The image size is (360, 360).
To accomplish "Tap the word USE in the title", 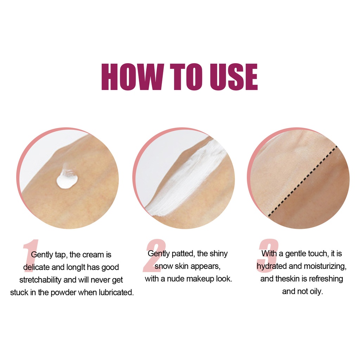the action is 234,77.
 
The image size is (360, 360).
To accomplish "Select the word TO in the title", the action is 186,77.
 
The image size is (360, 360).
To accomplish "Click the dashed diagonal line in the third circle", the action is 303,181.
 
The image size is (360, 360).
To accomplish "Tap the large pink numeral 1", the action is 31,256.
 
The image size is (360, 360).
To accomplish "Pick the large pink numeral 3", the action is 268,256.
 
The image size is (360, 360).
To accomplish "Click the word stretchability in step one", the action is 40,280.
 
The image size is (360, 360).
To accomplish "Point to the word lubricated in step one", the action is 116,292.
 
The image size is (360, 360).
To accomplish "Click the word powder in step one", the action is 63,293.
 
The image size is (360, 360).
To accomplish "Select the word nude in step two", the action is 174,279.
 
